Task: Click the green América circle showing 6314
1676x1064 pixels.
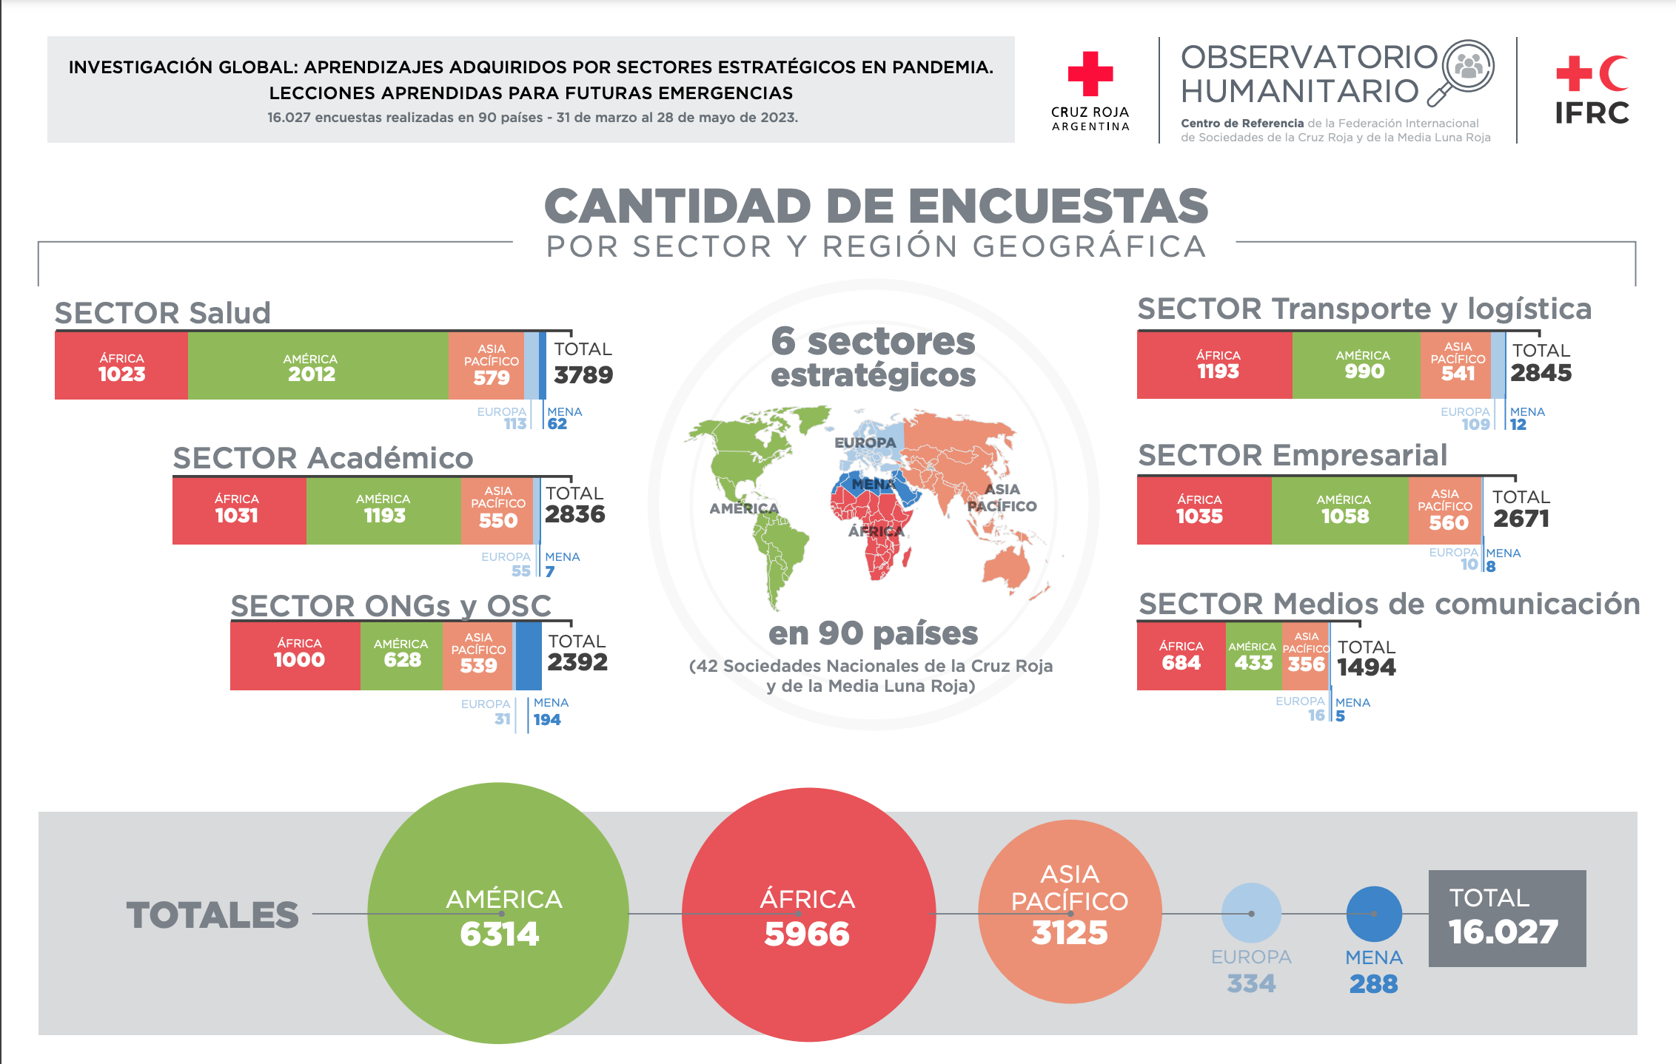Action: (x=498, y=913)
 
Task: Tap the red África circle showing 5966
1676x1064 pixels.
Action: (x=808, y=915)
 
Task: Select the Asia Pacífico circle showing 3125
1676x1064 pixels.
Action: (x=1070, y=912)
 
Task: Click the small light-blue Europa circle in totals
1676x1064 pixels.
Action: (x=1251, y=913)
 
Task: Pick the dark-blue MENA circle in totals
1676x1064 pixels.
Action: (x=1374, y=914)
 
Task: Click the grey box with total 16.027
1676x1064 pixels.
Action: (x=1506, y=918)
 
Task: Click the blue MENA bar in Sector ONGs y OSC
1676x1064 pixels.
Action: (x=528, y=656)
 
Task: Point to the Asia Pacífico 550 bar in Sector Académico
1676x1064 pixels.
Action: (x=497, y=510)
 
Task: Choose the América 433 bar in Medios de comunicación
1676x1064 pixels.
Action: (x=1253, y=656)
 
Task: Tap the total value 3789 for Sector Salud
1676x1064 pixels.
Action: (x=583, y=375)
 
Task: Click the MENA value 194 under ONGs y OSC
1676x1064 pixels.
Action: (x=547, y=720)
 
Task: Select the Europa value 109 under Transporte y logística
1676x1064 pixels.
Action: (x=1475, y=425)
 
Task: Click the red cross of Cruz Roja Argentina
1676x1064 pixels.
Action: (x=1090, y=73)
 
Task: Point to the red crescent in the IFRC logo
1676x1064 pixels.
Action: (x=1613, y=73)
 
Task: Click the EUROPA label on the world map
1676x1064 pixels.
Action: (x=865, y=442)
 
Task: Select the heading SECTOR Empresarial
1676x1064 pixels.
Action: (x=1293, y=455)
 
